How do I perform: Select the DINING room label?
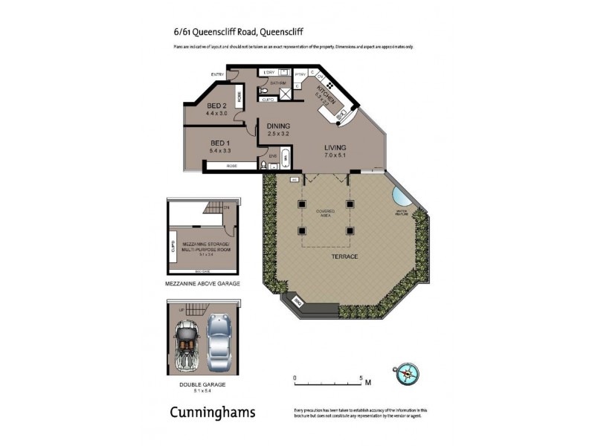[x=278, y=126]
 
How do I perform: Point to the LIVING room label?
[x=335, y=147]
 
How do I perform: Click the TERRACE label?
[x=344, y=256]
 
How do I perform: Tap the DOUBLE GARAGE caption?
[x=201, y=384]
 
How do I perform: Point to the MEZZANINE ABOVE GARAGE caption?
[x=201, y=284]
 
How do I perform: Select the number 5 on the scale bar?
[x=361, y=377]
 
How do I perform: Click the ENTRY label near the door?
[x=217, y=74]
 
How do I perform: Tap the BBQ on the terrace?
[x=297, y=302]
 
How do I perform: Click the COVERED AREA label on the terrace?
[x=326, y=213]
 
